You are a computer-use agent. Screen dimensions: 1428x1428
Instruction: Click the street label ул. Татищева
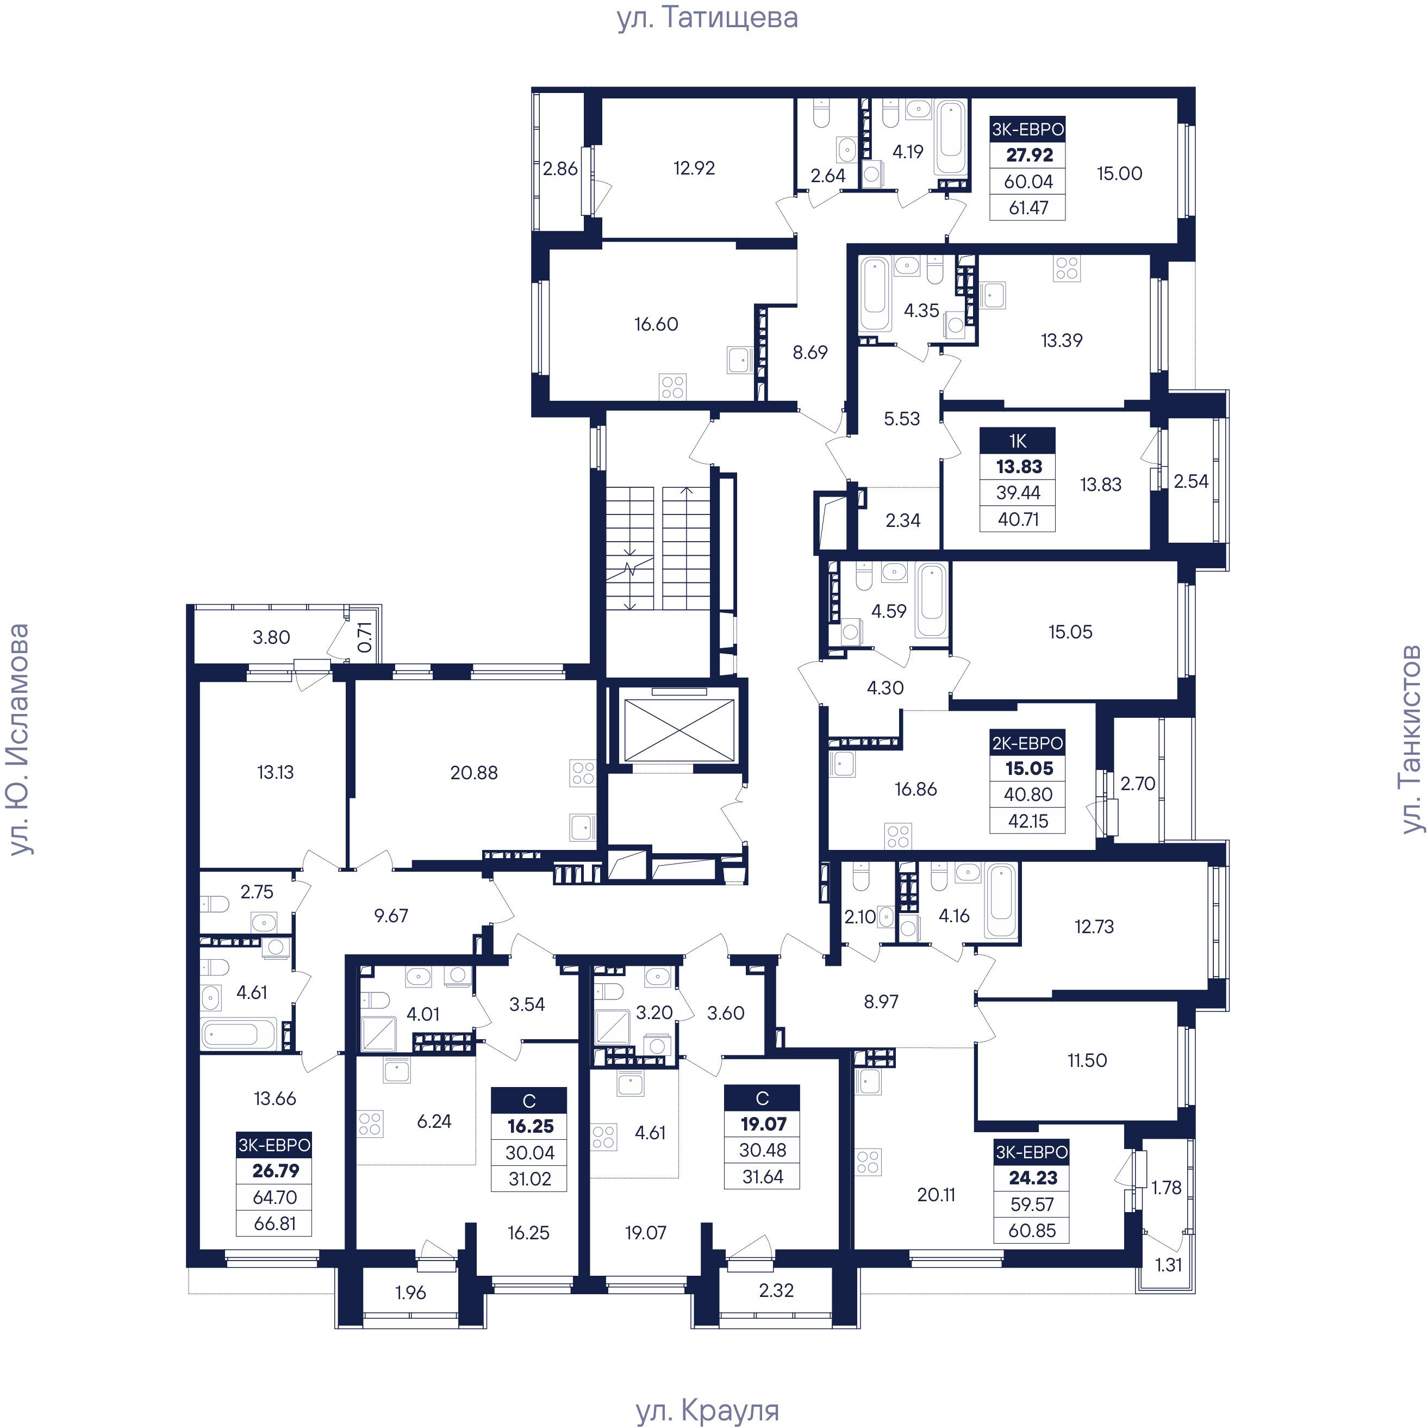707,18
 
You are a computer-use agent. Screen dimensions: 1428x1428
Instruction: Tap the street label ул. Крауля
707,1410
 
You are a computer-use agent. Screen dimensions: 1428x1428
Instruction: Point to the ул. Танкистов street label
1411,739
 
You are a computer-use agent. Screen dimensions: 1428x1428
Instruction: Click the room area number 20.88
474,773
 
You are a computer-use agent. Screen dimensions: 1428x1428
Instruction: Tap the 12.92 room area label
694,168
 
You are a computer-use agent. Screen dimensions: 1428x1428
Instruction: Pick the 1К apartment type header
1018,442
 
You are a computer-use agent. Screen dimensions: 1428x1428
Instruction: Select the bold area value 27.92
1029,156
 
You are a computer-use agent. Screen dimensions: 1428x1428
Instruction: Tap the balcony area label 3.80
271,637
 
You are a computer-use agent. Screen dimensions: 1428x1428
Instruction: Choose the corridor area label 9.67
391,916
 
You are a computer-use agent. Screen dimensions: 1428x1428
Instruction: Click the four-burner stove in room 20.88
582,773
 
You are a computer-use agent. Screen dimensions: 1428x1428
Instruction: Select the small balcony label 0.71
364,637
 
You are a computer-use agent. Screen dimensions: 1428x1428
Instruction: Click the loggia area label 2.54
1191,481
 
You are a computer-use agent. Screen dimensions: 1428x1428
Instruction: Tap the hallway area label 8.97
881,1002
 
